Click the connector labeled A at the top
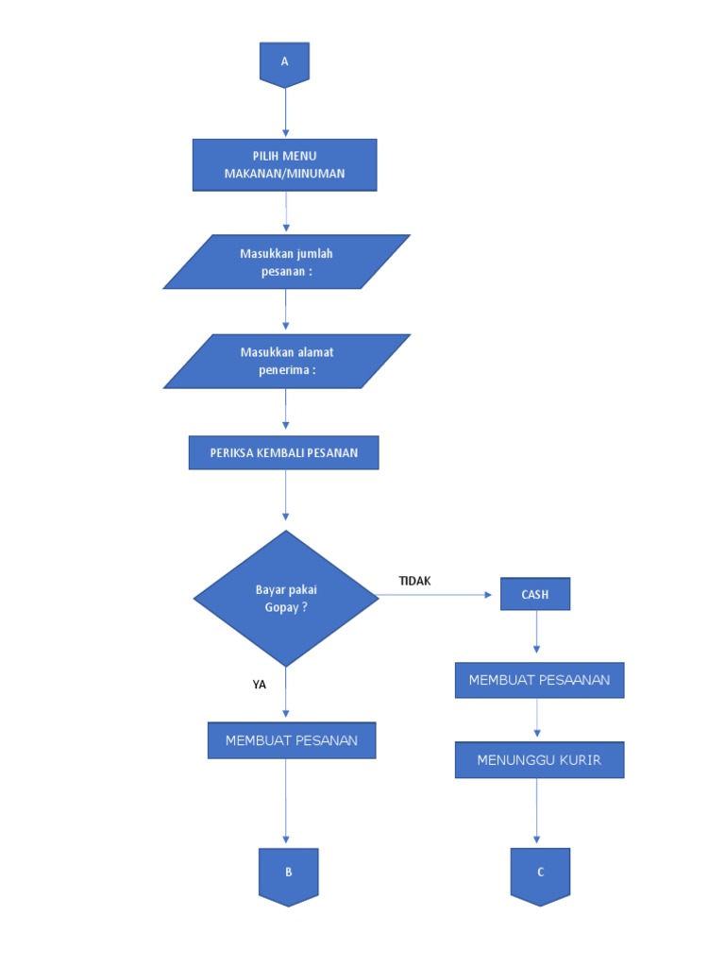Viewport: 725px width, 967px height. point(284,63)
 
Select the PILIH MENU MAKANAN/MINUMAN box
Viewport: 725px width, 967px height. point(284,165)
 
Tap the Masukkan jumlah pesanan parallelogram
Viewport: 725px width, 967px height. point(286,262)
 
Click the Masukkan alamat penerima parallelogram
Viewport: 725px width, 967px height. point(286,361)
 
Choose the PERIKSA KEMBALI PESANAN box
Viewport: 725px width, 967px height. point(284,452)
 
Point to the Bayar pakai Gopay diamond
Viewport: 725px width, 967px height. point(286,599)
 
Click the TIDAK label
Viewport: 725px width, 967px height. point(414,581)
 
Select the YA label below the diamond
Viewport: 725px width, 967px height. point(260,685)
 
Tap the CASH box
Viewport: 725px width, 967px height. point(535,595)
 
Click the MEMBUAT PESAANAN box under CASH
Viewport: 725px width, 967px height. point(539,680)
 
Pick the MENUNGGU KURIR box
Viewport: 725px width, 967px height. point(539,759)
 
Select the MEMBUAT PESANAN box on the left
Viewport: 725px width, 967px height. point(291,740)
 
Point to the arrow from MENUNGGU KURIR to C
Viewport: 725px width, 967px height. point(537,812)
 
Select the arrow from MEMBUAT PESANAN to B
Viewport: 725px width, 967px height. point(286,803)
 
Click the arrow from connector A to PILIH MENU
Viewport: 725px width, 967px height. point(285,113)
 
